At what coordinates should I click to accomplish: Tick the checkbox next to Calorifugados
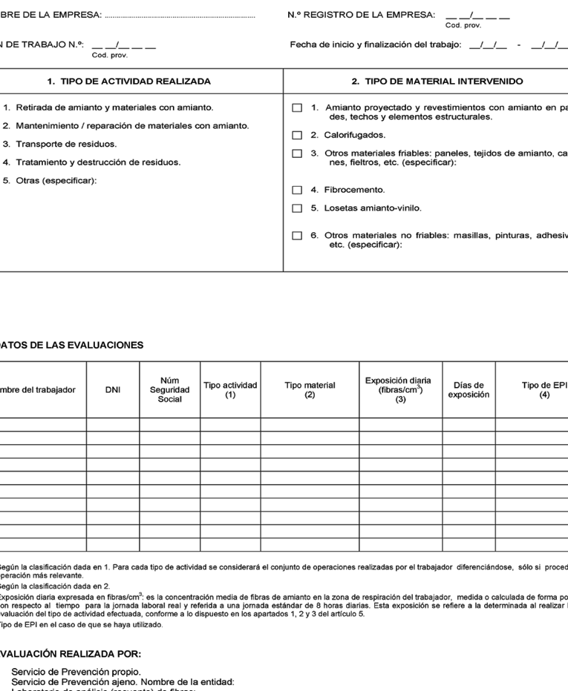pos(297,135)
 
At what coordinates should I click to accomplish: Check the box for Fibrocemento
pos(297,190)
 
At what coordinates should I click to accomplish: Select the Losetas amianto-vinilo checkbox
pos(297,208)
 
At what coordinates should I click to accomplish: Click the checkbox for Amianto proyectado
pos(297,108)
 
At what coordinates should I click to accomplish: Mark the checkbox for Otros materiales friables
pos(297,153)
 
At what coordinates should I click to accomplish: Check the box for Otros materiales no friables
pos(297,236)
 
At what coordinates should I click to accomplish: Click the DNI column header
pos(113,389)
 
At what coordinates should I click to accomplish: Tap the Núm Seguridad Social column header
pos(169,389)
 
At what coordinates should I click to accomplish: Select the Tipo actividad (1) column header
pos(230,389)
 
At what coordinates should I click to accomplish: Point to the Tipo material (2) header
pos(310,389)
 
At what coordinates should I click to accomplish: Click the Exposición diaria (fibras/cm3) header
pos(400,389)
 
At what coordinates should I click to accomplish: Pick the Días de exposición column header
pos(469,389)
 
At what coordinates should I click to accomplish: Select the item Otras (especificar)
pos(56,180)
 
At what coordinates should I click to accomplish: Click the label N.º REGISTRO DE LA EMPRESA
pos(361,15)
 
